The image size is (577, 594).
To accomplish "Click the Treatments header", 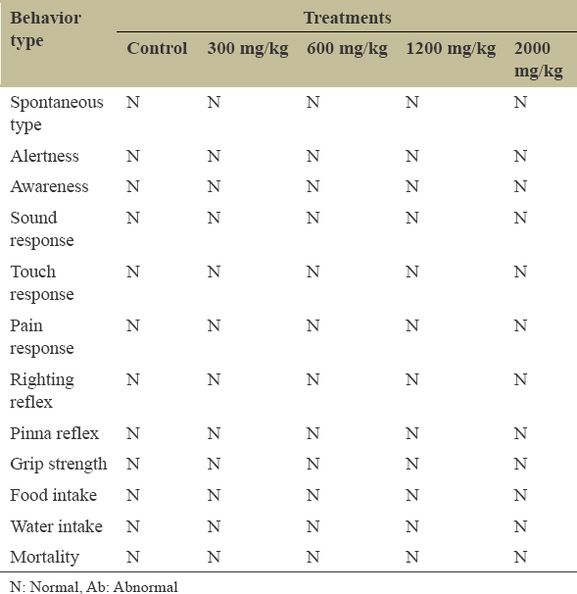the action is point(348,18).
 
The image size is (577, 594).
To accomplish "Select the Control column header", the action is point(157,48).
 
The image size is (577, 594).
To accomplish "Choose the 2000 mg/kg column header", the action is point(539,60).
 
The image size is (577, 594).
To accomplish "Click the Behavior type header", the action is point(45,29).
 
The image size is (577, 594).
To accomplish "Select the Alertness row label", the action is point(45,156).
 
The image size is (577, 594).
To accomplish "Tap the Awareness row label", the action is point(49,186).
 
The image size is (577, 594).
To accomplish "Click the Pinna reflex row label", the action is point(55,433).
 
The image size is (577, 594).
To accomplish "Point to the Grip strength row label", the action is point(59,465).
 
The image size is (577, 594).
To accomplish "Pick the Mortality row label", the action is point(45,558).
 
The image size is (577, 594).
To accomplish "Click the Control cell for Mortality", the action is point(133,557).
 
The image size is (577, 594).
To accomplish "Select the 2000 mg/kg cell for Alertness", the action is point(520,156).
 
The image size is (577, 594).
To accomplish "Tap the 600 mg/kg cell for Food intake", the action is point(313,495).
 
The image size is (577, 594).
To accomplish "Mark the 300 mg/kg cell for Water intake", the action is point(214,526).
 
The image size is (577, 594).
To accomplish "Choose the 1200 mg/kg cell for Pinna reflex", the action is point(412,433).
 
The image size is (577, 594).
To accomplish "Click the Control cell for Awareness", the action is point(133,186).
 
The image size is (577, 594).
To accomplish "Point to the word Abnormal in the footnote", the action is point(145,587).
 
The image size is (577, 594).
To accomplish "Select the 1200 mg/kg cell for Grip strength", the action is point(412,464).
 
